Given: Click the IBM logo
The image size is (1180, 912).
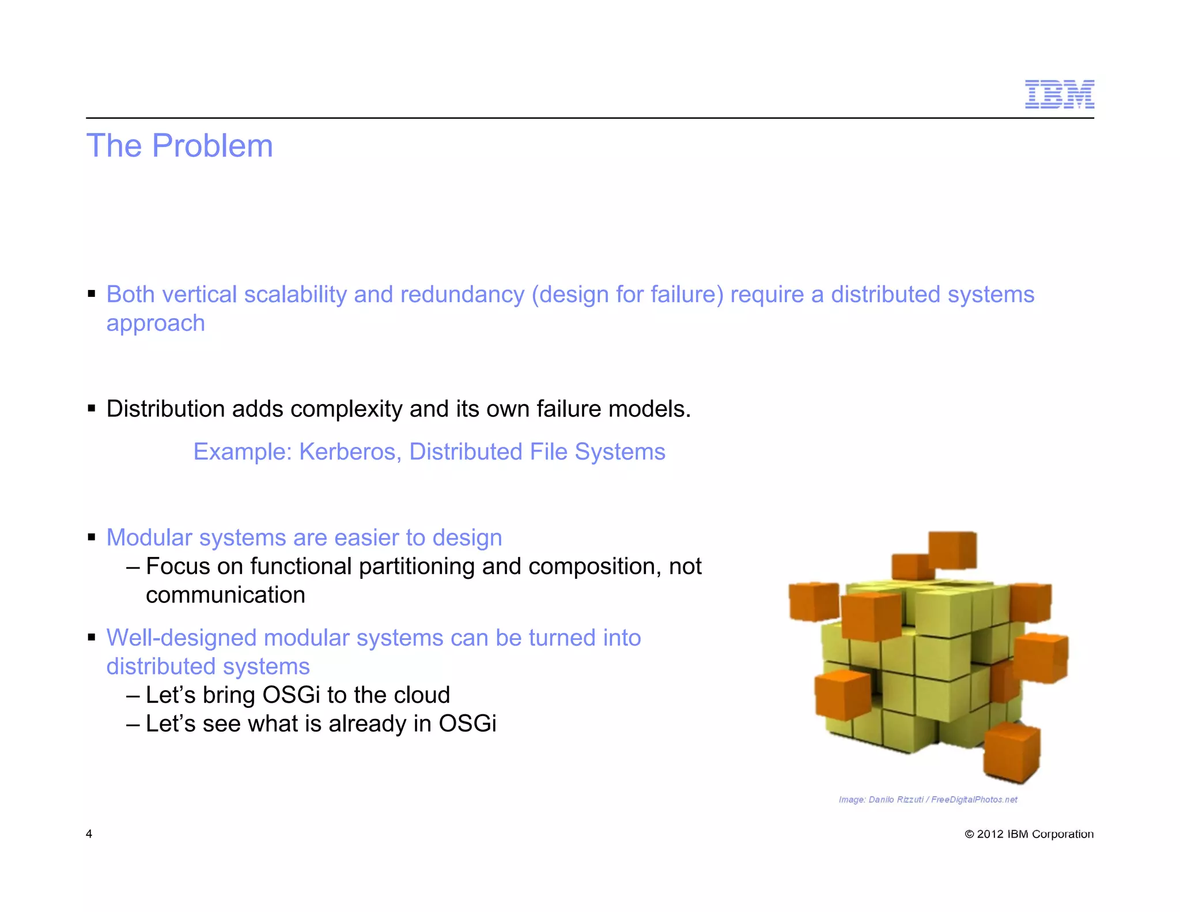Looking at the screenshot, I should [x=1059, y=95].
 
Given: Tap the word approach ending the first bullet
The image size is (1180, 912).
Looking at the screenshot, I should [x=156, y=324].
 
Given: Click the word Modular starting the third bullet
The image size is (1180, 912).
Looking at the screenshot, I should [x=149, y=538].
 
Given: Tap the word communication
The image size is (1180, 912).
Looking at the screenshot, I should [x=225, y=596].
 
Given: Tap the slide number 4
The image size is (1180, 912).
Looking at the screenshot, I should [x=89, y=834].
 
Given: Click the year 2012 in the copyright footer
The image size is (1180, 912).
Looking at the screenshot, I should [x=990, y=834].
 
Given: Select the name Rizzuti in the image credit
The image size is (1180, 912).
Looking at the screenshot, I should [x=910, y=800].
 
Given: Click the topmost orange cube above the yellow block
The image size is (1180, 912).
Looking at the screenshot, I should [x=952, y=551].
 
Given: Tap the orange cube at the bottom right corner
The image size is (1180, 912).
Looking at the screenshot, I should [x=1012, y=752].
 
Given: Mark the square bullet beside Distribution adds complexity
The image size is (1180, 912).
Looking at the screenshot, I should [x=92, y=409].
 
